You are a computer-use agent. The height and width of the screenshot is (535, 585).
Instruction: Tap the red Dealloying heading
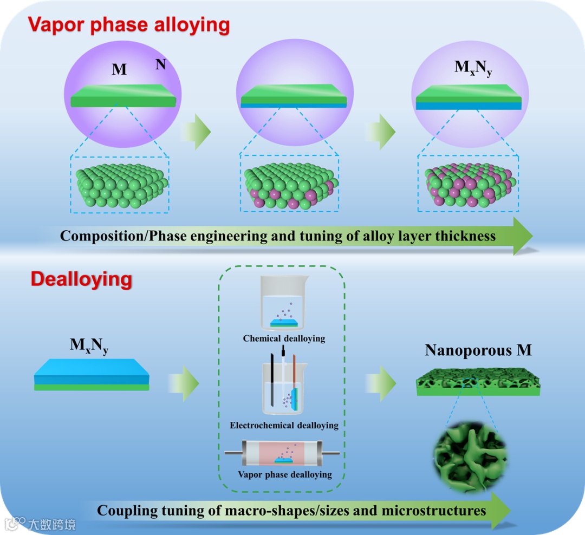point(81,279)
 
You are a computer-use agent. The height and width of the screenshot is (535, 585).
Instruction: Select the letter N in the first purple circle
point(160,65)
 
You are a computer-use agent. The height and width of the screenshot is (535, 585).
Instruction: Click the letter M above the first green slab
point(119,69)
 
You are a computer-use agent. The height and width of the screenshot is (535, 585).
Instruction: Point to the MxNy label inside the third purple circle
point(473,68)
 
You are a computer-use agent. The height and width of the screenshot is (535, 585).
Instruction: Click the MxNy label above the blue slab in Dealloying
point(89,345)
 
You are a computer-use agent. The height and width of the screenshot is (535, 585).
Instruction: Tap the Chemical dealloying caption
point(284,338)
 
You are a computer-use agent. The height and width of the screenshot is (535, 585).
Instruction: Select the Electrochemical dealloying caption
point(284,425)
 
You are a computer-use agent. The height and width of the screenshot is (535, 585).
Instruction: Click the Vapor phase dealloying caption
point(284,474)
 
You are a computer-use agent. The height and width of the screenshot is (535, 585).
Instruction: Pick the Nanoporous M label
point(478,350)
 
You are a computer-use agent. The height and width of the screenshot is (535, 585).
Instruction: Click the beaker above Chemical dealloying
point(283,304)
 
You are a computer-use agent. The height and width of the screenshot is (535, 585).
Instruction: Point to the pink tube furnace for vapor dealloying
point(284,454)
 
